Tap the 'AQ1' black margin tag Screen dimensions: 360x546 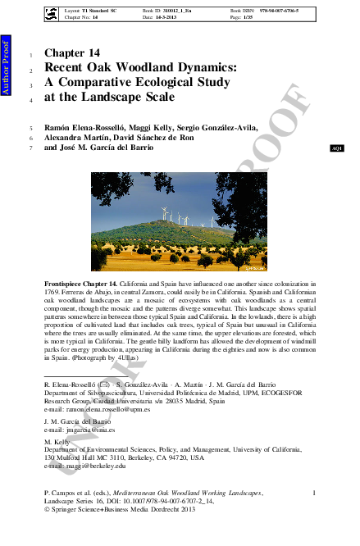click(335, 148)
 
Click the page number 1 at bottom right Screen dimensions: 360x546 click(315, 492)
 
